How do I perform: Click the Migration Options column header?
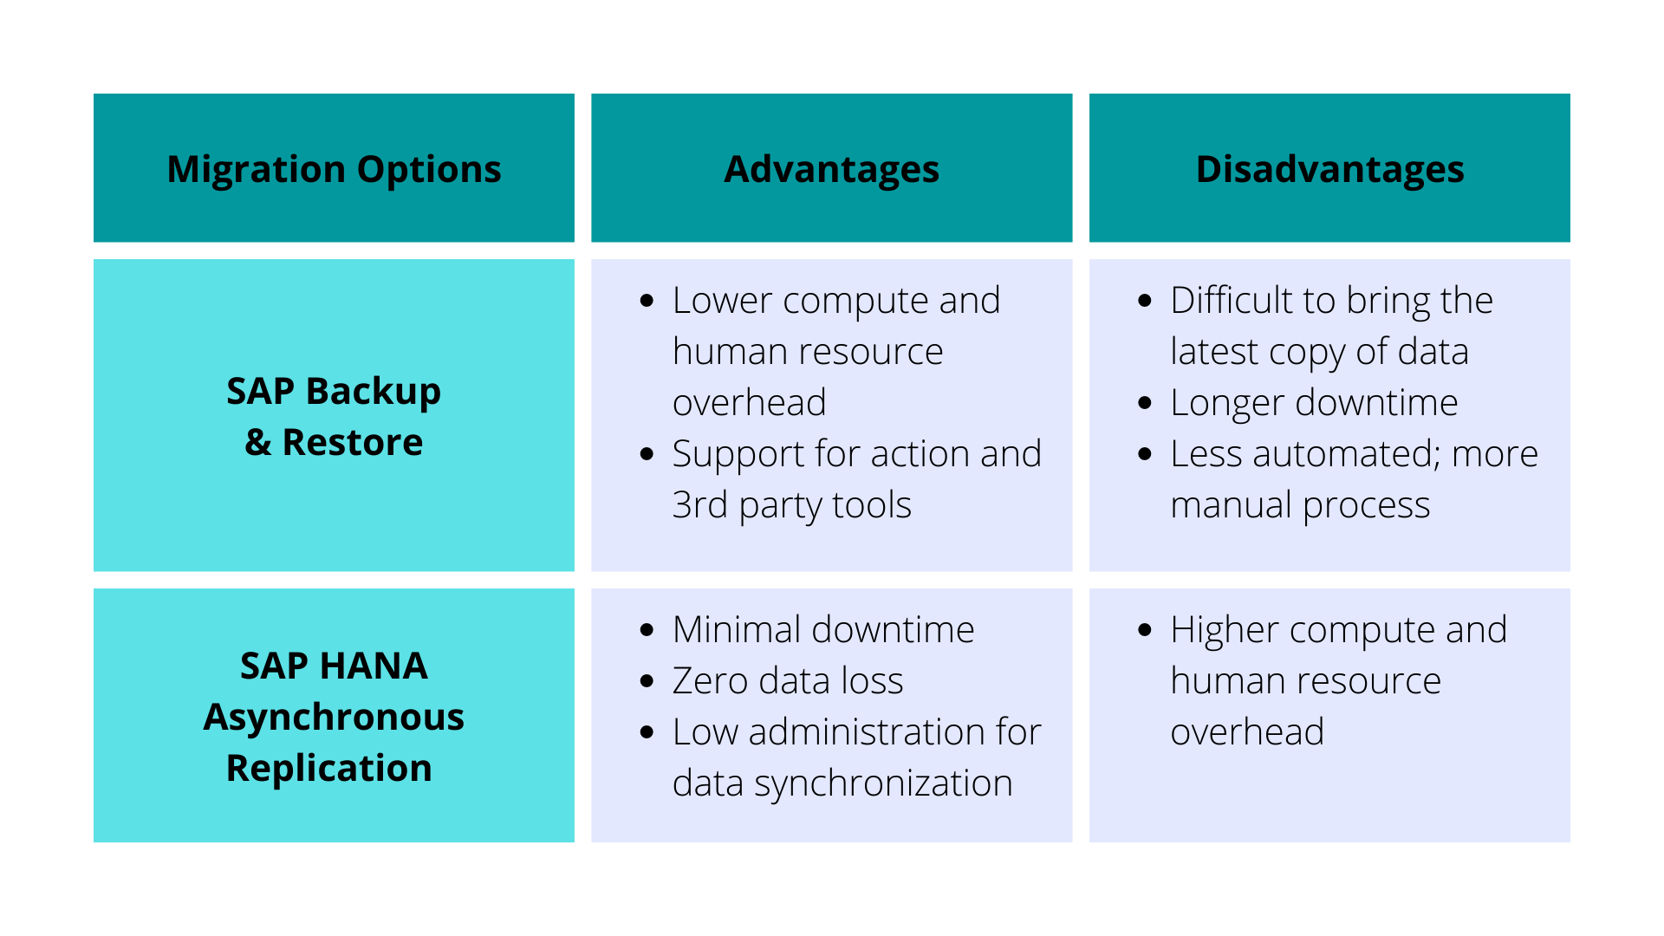[x=334, y=169]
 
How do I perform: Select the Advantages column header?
[x=831, y=169]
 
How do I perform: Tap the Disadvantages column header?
[x=1329, y=169]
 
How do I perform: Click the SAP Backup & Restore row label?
[x=334, y=416]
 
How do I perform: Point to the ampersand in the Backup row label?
[x=257, y=443]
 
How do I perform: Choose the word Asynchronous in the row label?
[x=334, y=718]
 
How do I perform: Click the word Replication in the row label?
[x=328, y=769]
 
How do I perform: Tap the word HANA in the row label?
[x=374, y=666]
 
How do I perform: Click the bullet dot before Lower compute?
[x=647, y=302]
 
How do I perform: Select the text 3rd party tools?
[x=791, y=505]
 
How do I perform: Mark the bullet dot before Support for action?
[x=647, y=455]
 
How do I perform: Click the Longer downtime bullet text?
[x=1314, y=403]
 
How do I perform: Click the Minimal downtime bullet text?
[x=823, y=630]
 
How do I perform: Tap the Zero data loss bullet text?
[x=788, y=681]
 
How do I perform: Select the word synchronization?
[x=883, y=783]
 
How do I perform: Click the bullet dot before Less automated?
[x=1145, y=455]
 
